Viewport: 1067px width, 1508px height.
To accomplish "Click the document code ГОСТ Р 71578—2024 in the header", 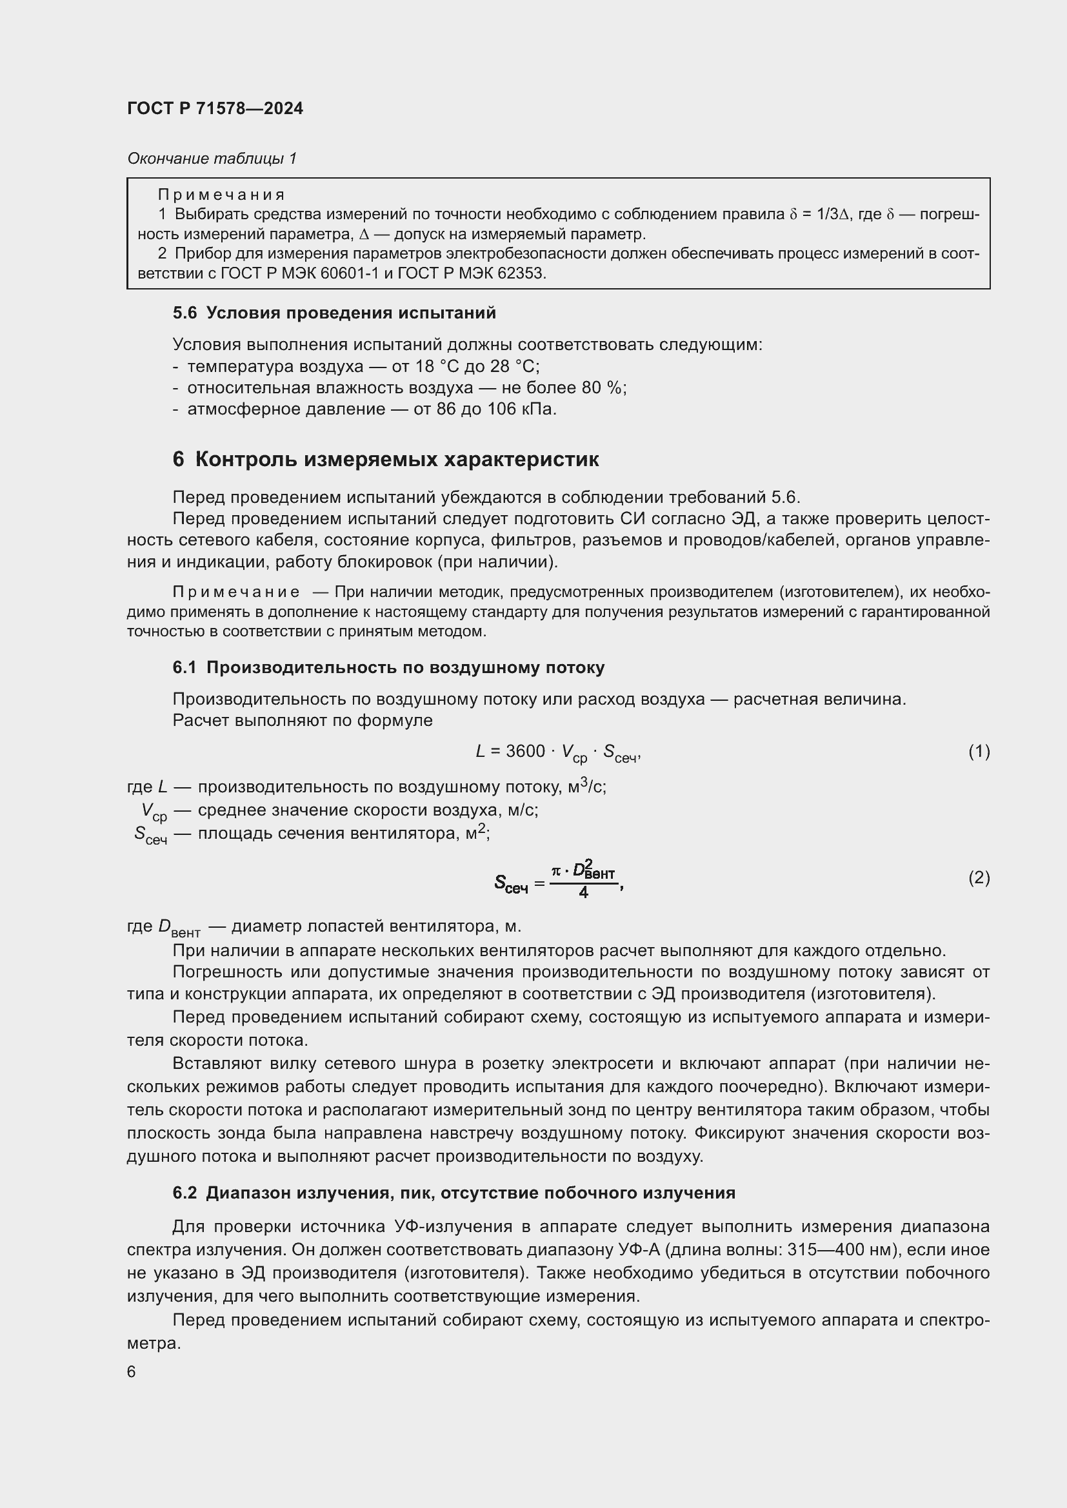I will coord(215,109).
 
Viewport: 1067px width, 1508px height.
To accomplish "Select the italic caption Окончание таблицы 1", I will coord(212,159).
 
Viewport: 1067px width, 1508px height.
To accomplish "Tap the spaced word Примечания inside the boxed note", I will coord(221,195).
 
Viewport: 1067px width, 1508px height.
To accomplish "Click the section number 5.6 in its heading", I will coord(184,313).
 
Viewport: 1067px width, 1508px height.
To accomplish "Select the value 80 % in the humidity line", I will coord(602,387).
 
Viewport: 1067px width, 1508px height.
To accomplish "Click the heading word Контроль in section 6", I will coord(246,460).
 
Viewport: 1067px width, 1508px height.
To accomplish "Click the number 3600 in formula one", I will coord(525,750).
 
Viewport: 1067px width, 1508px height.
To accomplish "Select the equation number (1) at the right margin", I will coord(979,750).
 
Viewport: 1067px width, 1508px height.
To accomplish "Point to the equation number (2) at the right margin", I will coord(979,878).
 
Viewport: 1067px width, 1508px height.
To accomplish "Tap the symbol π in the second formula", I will coord(556,871).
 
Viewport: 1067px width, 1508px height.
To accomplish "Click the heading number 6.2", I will coord(184,1193).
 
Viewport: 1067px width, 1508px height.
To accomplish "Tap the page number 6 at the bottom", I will coord(132,1372).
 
